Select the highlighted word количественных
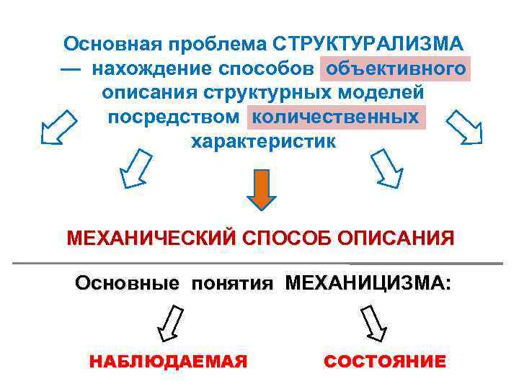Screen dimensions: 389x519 point(336,117)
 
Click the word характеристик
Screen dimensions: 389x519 point(262,141)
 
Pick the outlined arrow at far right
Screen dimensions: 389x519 point(463,128)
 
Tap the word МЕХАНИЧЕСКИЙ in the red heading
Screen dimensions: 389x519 point(151,238)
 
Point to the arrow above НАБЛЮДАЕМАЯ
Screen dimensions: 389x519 point(171,323)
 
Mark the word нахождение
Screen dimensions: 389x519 point(153,69)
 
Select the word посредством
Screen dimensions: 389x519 point(173,117)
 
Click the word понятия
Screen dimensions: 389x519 point(232,283)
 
